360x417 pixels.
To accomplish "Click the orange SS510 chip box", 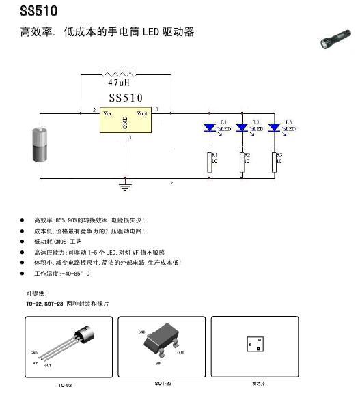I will [124, 121].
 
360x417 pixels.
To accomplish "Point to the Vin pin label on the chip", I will [108, 113].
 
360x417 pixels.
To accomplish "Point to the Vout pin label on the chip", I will [141, 113].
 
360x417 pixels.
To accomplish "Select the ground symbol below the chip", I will [125, 184].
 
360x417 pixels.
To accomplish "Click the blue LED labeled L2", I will [243, 128].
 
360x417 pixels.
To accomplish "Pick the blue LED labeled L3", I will [275, 128].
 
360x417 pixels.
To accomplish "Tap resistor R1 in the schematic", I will [210, 162].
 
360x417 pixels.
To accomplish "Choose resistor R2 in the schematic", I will [243, 162].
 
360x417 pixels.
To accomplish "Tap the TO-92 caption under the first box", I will [65, 386].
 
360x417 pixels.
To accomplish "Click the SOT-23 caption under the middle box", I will [163, 384].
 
